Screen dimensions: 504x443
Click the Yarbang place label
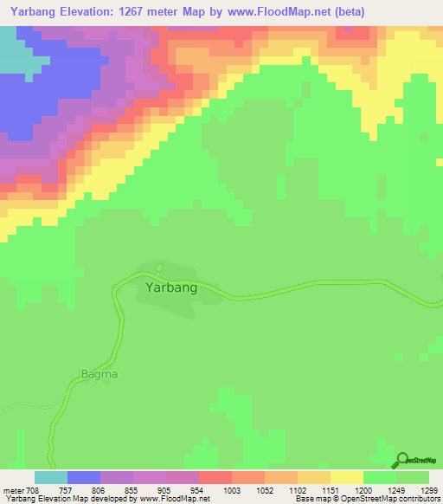(x=171, y=288)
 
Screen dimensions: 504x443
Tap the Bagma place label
(x=99, y=374)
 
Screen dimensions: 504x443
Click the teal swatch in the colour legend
(x=51, y=477)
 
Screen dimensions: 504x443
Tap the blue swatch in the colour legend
(x=84, y=477)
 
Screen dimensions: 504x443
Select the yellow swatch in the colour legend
(x=347, y=477)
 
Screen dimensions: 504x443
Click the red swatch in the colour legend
(x=215, y=477)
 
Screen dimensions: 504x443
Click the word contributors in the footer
(x=419, y=499)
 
